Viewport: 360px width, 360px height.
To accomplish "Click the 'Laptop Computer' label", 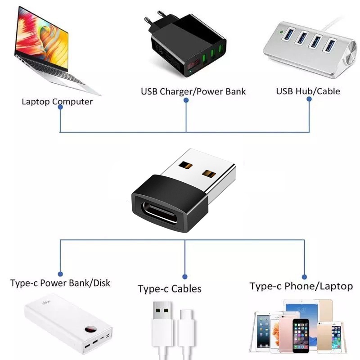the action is tap(57, 102).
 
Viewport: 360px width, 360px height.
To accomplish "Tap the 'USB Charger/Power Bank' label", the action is tap(193, 91).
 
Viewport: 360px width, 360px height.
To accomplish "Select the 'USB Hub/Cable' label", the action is tap(308, 91).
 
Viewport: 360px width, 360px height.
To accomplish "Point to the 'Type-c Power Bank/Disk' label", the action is tap(60, 283).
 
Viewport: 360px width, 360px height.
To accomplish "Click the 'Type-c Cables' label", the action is tap(170, 288).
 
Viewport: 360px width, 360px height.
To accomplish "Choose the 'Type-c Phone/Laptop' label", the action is tap(301, 286).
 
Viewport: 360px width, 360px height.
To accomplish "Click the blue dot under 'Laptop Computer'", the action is tap(60, 107).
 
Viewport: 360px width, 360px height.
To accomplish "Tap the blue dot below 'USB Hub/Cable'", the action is tap(309, 99).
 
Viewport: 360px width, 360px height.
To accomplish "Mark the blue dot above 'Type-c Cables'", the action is tap(184, 277).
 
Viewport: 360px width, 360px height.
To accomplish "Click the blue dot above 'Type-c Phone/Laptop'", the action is tap(305, 277).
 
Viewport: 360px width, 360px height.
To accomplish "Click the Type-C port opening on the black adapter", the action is tap(159, 212).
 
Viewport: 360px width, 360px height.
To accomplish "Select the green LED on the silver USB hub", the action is tap(281, 32).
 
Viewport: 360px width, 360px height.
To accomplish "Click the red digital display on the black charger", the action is tap(193, 64).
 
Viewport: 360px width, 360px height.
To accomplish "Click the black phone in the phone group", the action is tap(301, 335).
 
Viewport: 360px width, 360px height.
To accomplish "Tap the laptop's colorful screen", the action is tap(41, 38).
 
